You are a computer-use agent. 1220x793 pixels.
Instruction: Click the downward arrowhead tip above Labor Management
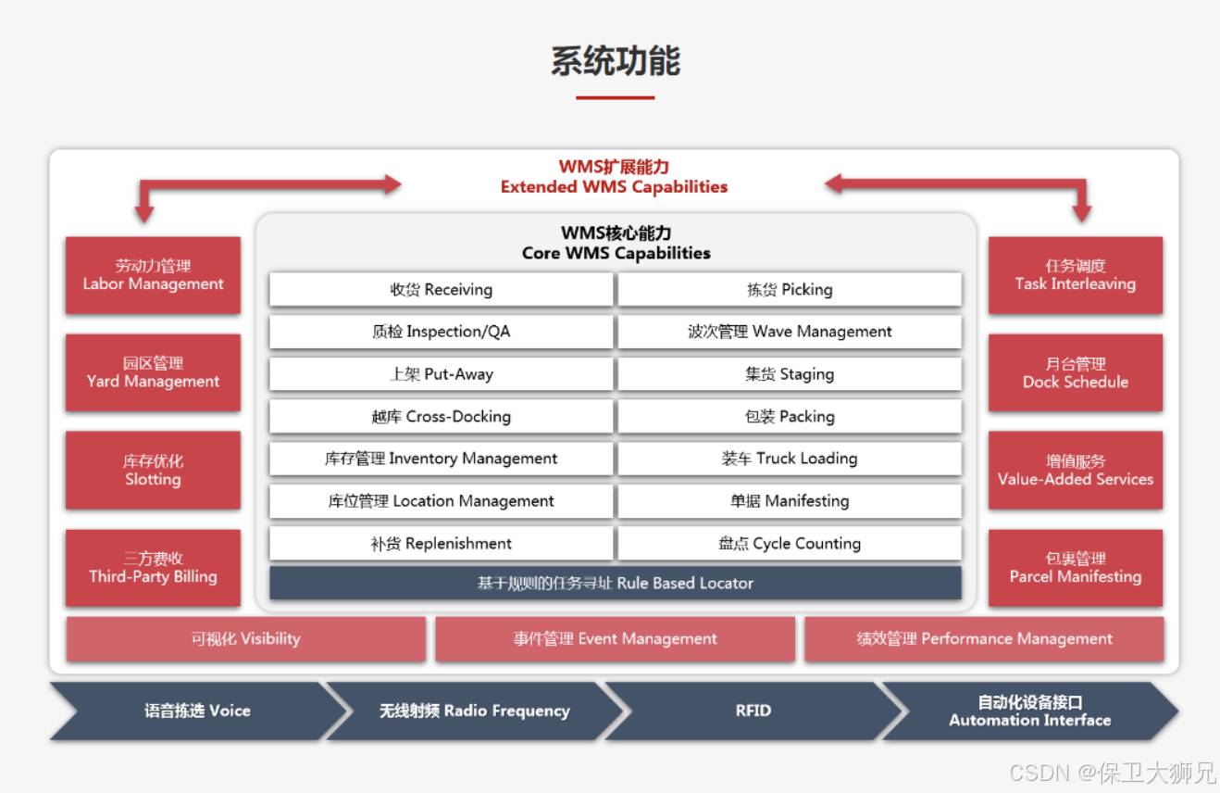point(144,222)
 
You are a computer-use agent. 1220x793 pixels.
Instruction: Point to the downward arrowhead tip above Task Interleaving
point(1082,222)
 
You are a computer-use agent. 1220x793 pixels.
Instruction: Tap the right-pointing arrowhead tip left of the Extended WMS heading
point(402,184)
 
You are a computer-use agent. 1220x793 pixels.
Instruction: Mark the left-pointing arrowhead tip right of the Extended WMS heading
point(825,184)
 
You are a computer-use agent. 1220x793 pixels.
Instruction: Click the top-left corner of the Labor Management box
point(66,237)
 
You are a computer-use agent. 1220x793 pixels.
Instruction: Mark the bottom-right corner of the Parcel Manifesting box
point(1163,606)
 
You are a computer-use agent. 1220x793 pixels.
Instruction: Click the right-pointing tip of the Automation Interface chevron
point(1178,711)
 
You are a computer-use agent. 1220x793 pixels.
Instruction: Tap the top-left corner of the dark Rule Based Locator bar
point(269,567)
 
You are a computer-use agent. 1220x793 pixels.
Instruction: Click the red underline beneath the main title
point(615,98)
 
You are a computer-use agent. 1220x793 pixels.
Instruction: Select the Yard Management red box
point(153,372)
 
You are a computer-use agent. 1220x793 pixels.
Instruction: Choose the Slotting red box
point(153,471)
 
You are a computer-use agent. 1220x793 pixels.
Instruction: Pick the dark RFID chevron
point(753,711)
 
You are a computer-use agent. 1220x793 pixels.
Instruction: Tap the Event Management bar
point(615,639)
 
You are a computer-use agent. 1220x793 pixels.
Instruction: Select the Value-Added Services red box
point(1076,471)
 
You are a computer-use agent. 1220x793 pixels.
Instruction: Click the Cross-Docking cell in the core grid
point(442,416)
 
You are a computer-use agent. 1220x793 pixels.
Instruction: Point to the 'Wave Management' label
point(822,332)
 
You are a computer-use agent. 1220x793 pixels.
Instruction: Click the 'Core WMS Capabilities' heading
point(616,253)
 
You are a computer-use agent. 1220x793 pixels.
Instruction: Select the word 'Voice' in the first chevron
point(230,711)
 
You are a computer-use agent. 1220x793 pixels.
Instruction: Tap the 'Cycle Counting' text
point(806,544)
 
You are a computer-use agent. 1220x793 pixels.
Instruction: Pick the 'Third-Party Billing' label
point(153,576)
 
